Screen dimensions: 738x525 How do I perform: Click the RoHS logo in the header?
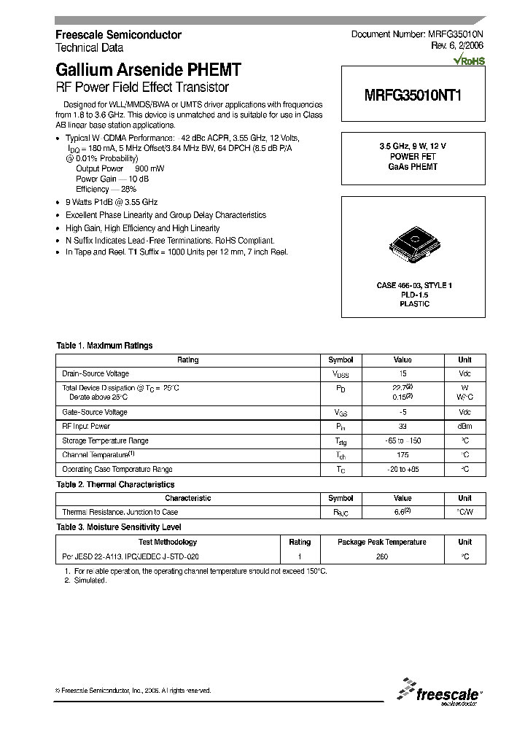[x=469, y=61]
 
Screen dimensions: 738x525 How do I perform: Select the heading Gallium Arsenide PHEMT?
[x=148, y=71]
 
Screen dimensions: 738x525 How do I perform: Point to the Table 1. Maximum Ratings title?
[x=104, y=346]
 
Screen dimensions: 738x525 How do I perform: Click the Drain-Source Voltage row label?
[x=95, y=373]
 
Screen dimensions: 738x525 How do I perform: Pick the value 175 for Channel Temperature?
[x=402, y=455]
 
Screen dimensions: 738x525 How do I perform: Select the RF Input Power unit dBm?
[x=464, y=427]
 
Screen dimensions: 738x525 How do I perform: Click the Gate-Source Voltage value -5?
[x=402, y=412]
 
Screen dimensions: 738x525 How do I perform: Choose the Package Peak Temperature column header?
[x=381, y=542]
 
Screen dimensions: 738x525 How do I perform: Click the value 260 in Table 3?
[x=381, y=556]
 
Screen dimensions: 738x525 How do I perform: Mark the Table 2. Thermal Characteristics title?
[x=115, y=484]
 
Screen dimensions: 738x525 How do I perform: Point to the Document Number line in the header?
[x=418, y=34]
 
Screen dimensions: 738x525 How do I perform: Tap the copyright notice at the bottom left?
[x=133, y=690]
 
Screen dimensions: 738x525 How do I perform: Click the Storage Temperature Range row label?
[x=105, y=441]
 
